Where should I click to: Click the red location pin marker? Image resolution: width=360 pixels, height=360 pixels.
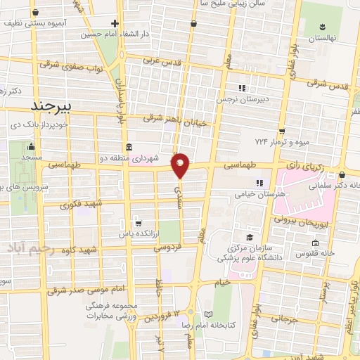pyautogui.click(x=181, y=165)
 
